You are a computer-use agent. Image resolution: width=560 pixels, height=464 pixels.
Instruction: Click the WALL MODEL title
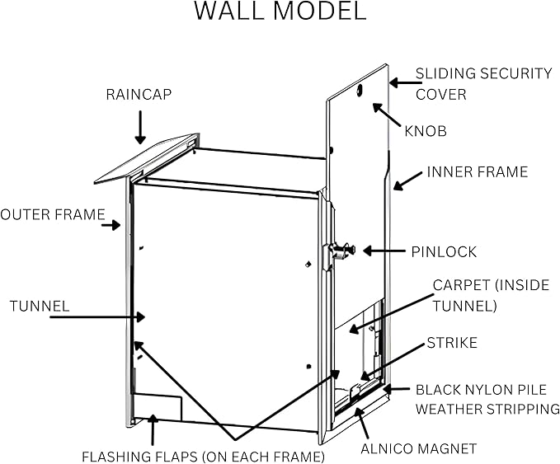[x=280, y=12]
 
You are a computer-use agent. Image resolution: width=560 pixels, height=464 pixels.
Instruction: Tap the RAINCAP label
[x=139, y=95]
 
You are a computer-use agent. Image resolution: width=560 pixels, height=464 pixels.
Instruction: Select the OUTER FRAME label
[x=52, y=216]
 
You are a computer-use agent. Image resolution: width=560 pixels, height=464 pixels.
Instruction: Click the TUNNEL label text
[x=40, y=306]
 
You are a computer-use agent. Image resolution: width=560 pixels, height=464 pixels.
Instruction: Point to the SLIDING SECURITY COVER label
[x=482, y=83]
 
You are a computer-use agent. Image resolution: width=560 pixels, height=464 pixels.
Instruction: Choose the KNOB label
[x=426, y=131]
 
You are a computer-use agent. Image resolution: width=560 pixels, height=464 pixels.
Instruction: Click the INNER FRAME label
[x=477, y=172]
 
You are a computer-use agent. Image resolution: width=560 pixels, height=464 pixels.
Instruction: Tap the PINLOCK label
[x=444, y=251]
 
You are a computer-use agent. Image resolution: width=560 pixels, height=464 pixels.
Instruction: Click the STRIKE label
[x=451, y=343]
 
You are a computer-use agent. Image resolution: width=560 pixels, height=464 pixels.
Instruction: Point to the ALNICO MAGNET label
[x=418, y=449]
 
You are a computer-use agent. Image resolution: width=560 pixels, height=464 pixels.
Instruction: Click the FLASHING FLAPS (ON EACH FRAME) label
[x=203, y=456]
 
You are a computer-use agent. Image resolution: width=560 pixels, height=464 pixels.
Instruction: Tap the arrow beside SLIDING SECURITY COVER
[x=400, y=82]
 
